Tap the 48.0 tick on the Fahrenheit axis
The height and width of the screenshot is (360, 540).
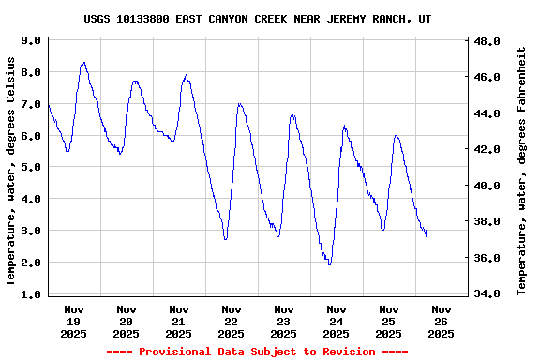[488, 42]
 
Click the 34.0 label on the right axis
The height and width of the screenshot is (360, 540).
[488, 293]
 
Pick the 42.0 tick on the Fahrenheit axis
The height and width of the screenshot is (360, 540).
[488, 150]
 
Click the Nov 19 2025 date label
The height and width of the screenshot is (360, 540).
[74, 321]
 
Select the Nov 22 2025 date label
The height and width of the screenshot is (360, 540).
[231, 321]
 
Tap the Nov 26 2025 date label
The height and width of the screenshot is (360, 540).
[441, 321]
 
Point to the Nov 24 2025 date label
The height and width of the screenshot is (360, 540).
[336, 321]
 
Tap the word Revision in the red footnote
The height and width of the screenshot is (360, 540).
[348, 352]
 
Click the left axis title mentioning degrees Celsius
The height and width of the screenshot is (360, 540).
[11, 171]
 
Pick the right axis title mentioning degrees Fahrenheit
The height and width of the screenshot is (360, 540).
[521, 171]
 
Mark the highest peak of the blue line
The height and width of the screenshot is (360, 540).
[84, 63]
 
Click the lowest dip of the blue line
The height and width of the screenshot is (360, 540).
[329, 264]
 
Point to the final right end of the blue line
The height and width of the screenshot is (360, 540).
[427, 236]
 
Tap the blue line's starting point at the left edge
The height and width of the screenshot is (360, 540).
[48, 104]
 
